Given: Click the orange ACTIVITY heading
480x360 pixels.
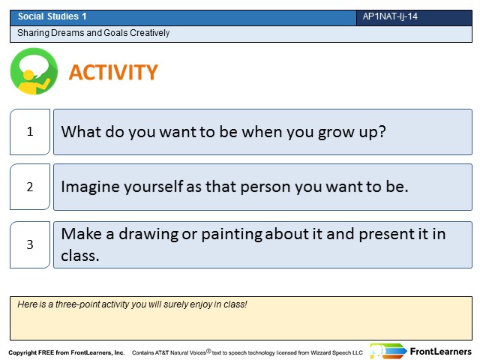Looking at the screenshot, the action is click(113, 72).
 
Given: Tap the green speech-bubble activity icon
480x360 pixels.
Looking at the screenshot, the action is click(34, 71).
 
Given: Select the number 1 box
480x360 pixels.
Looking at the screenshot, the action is click(30, 132).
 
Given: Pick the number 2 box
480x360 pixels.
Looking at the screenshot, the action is click(30, 187).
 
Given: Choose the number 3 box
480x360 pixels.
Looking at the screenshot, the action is click(30, 244).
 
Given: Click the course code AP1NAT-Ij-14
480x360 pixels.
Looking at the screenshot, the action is click(390, 16).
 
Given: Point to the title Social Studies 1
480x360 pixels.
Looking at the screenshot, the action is click(52, 16).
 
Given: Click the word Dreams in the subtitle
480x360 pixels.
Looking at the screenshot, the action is click(68, 33).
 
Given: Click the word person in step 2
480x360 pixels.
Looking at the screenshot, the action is click(265, 187).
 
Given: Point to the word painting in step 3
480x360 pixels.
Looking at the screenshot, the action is click(232, 235).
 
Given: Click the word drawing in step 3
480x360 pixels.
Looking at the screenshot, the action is click(148, 235).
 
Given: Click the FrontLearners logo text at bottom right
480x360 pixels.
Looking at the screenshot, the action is click(441, 352).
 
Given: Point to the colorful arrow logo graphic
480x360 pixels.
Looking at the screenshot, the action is click(388, 351).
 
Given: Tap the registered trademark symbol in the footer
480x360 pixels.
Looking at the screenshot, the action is click(208, 351).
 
